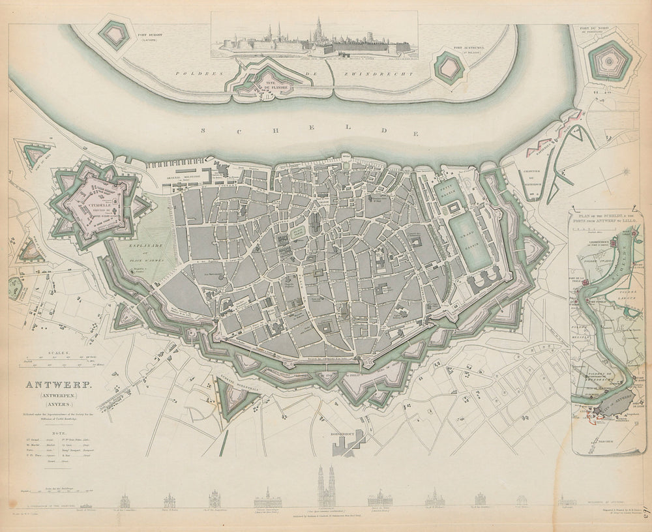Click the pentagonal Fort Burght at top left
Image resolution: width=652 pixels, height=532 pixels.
point(114,35)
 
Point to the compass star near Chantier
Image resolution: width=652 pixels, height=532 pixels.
point(625,173)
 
